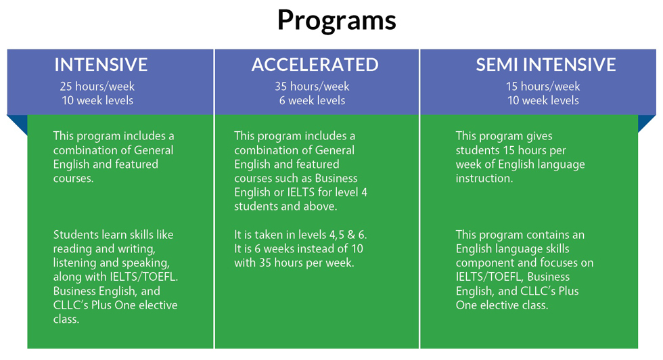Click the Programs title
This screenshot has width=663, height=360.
[x=337, y=20]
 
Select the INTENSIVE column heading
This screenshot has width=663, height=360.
[x=101, y=65]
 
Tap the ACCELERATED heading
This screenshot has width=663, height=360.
[x=315, y=65]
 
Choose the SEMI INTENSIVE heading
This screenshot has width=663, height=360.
[x=546, y=65]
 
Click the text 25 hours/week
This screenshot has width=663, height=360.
[x=97, y=87]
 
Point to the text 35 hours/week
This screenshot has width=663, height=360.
[x=312, y=87]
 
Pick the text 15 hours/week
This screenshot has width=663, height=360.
[x=543, y=87]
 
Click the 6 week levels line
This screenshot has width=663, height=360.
[x=312, y=101]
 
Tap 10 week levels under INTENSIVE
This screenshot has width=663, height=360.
[x=97, y=101]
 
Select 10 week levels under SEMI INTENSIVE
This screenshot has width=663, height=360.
[x=543, y=101]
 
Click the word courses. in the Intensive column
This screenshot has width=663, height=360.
[x=74, y=179]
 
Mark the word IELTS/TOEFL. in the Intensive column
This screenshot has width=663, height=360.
[x=143, y=277]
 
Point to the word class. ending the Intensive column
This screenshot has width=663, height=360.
[x=66, y=319]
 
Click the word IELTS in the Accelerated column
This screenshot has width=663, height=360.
[x=301, y=192]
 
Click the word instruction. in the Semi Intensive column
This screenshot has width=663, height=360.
[x=484, y=179]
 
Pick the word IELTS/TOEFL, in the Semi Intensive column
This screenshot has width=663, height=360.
[x=490, y=277]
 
